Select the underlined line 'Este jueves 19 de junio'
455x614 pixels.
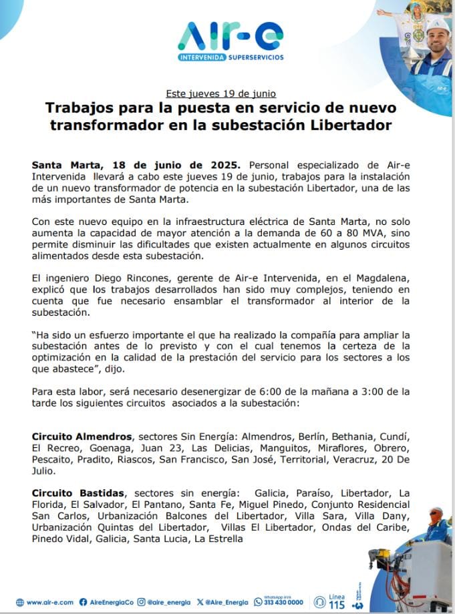tap(220, 93)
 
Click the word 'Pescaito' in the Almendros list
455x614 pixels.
tap(51, 459)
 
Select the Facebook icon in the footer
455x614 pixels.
tap(83, 602)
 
